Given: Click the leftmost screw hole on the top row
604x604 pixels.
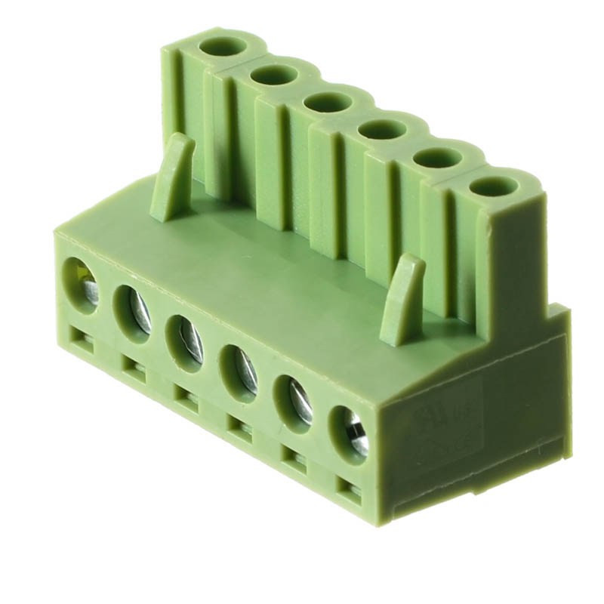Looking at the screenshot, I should [x=223, y=47].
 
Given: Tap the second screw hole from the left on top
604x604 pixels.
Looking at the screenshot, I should [x=274, y=74].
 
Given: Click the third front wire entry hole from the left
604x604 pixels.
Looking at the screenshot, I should [x=185, y=337].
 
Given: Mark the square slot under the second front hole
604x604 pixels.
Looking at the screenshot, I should [x=134, y=368].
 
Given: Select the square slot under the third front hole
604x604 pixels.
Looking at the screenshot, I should [x=186, y=398].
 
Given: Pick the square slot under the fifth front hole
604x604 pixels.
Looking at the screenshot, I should [x=294, y=458].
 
